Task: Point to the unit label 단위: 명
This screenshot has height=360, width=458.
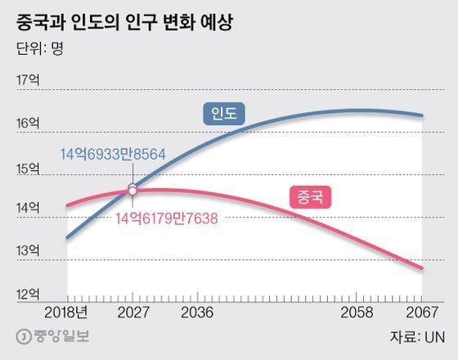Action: [x=40, y=47]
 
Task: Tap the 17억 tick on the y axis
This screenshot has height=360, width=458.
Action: [x=28, y=79]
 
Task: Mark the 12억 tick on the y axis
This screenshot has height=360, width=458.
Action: [x=28, y=292]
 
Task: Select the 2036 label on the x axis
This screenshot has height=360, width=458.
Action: [x=197, y=313]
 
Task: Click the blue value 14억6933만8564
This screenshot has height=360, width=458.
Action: [x=101, y=154]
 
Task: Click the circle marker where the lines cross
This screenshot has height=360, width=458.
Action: [x=132, y=190]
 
